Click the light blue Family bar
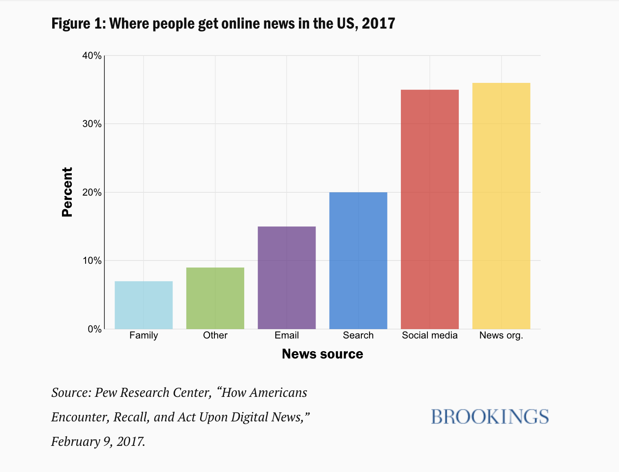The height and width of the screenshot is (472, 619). pyautogui.click(x=144, y=305)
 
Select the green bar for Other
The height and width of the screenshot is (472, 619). pyautogui.click(x=215, y=298)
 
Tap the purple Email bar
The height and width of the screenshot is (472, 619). pyautogui.click(x=287, y=278)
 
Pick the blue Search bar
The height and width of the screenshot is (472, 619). pyautogui.click(x=358, y=260)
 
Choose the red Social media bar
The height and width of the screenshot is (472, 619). pyautogui.click(x=430, y=209)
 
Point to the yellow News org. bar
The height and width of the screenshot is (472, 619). pyautogui.click(x=501, y=206)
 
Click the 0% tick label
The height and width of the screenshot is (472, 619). pyautogui.click(x=94, y=329)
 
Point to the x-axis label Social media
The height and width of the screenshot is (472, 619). pyautogui.click(x=430, y=336)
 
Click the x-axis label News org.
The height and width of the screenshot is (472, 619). pyautogui.click(x=501, y=336)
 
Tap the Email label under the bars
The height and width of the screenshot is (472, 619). pyautogui.click(x=287, y=336)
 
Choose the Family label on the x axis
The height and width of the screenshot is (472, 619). pyautogui.click(x=144, y=336)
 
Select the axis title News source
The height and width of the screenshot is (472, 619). pyautogui.click(x=322, y=354)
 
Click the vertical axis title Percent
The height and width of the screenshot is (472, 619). pyautogui.click(x=67, y=192)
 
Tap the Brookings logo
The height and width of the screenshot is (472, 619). pyautogui.click(x=490, y=416)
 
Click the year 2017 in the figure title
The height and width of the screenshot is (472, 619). pyautogui.click(x=378, y=23)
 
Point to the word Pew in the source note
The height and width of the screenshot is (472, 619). pyautogui.click(x=105, y=392)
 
